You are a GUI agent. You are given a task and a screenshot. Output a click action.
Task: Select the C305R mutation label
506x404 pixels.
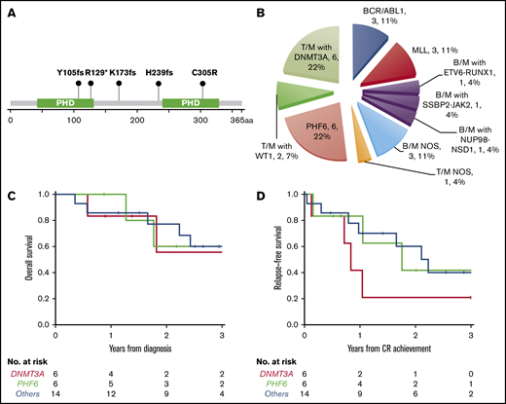coord(207,71)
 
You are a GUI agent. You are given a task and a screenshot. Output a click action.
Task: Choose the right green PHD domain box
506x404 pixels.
coord(191,101)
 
